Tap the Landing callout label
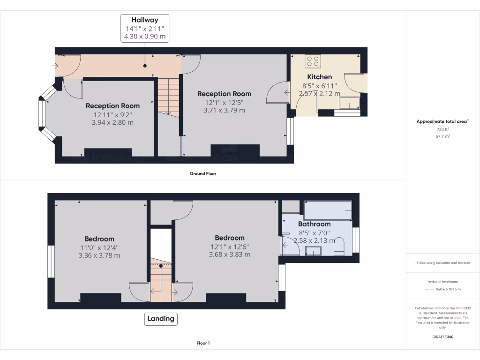click(161, 319)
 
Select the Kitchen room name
click(320, 77)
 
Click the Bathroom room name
click(315, 224)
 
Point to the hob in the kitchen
click(313, 61)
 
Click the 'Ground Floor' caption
click(202, 173)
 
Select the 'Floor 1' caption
click(202, 343)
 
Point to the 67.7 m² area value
click(443, 136)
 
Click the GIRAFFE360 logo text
click(443, 337)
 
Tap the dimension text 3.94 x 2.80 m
click(112, 123)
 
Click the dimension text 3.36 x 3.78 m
click(99, 255)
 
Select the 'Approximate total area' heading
click(442, 121)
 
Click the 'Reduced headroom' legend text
click(443, 282)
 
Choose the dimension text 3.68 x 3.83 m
click(229, 255)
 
